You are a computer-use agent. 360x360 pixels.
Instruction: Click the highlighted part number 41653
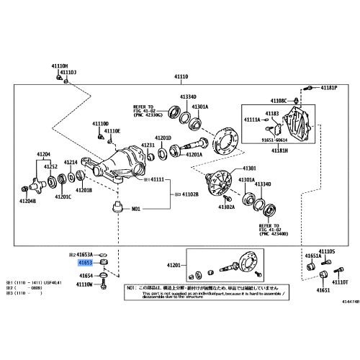point(86,264)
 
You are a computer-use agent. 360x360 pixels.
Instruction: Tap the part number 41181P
point(329,88)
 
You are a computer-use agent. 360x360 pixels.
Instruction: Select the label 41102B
point(190,194)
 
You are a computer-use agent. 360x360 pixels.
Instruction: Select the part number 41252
point(50,166)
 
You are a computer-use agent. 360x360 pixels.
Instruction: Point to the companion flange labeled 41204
point(34,186)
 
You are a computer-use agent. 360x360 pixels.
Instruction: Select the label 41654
point(86,275)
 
